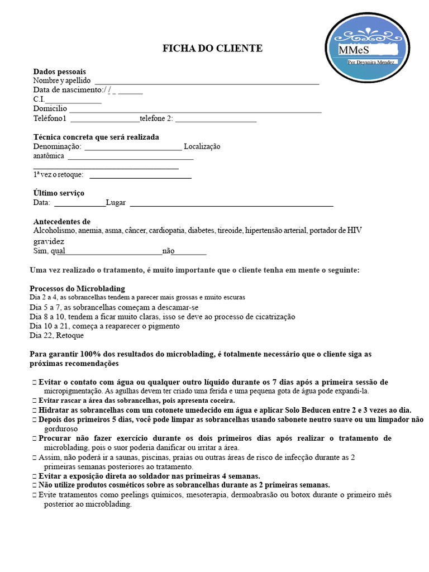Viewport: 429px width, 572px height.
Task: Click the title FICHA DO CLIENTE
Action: (x=212, y=49)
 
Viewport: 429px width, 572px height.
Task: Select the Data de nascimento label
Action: (x=68, y=90)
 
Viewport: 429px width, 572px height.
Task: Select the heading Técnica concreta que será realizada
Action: (x=96, y=137)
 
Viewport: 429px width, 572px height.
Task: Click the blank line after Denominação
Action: (x=132, y=149)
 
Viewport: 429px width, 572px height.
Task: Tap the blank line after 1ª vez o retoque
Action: (x=140, y=177)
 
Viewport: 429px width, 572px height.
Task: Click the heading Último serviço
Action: (x=59, y=193)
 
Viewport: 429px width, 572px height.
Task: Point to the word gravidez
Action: (x=49, y=241)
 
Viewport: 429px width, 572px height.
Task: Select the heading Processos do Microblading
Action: (x=77, y=289)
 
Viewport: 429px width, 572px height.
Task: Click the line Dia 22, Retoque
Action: (x=56, y=335)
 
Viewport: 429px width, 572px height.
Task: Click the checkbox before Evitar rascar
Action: (x=35, y=401)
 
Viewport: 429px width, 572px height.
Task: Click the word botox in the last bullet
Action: (x=302, y=495)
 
